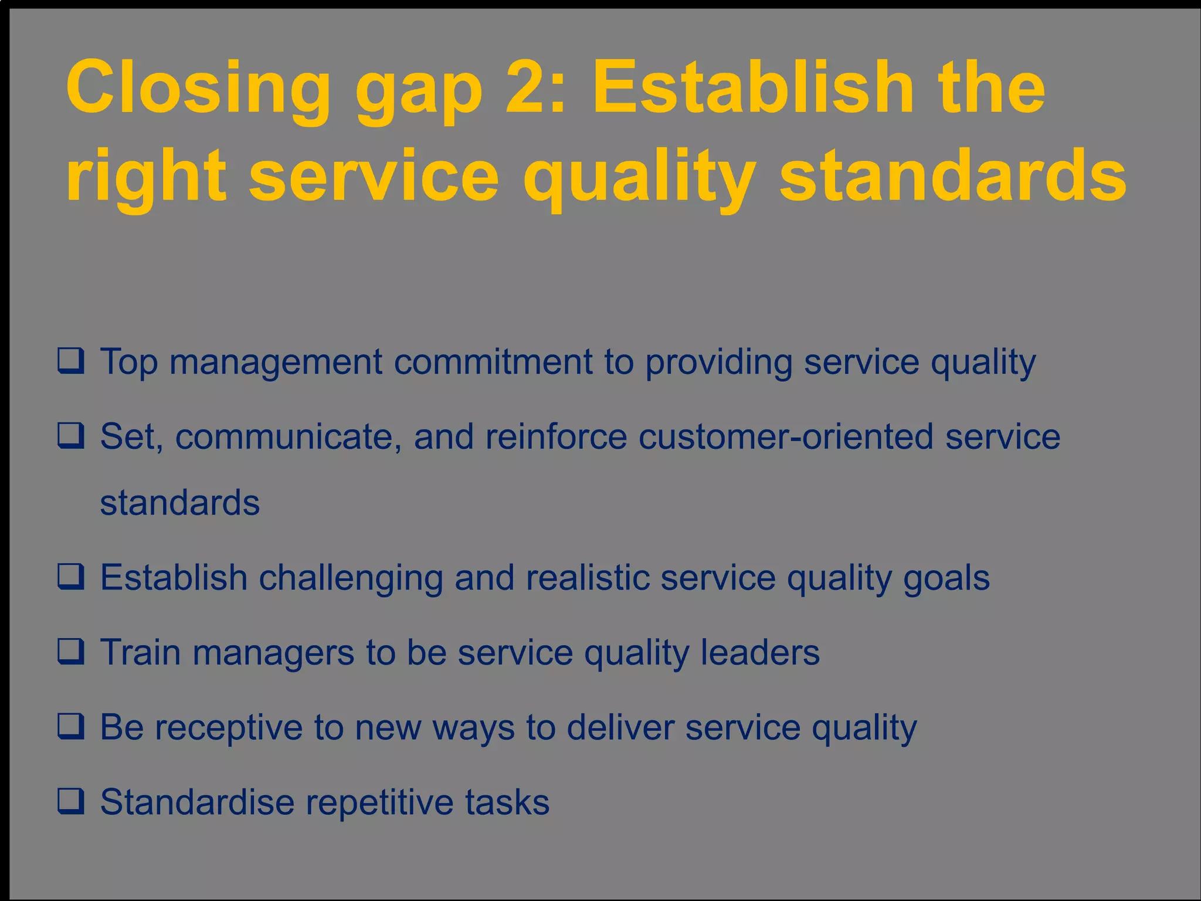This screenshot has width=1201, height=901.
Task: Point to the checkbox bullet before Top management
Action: [x=71, y=360]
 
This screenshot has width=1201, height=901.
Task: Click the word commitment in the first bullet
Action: [x=493, y=361]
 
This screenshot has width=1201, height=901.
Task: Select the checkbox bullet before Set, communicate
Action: [x=71, y=435]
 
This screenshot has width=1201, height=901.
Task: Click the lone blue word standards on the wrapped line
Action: [x=179, y=503]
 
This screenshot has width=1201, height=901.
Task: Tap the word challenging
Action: [x=350, y=578]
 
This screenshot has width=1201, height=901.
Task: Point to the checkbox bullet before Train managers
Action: [x=71, y=651]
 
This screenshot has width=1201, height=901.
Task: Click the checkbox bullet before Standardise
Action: [x=71, y=801]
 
